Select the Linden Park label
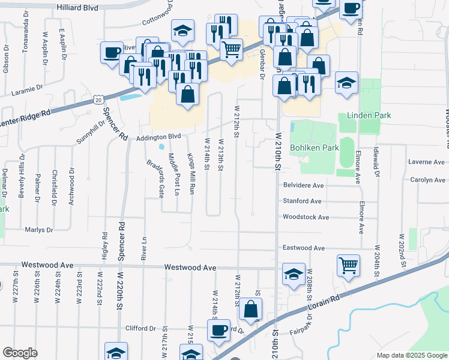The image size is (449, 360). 369,115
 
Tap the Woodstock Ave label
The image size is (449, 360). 306,217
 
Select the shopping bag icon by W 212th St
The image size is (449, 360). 250,308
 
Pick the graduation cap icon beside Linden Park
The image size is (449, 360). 346,83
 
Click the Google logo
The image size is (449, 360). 20,352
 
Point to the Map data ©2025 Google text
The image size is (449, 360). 411,355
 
